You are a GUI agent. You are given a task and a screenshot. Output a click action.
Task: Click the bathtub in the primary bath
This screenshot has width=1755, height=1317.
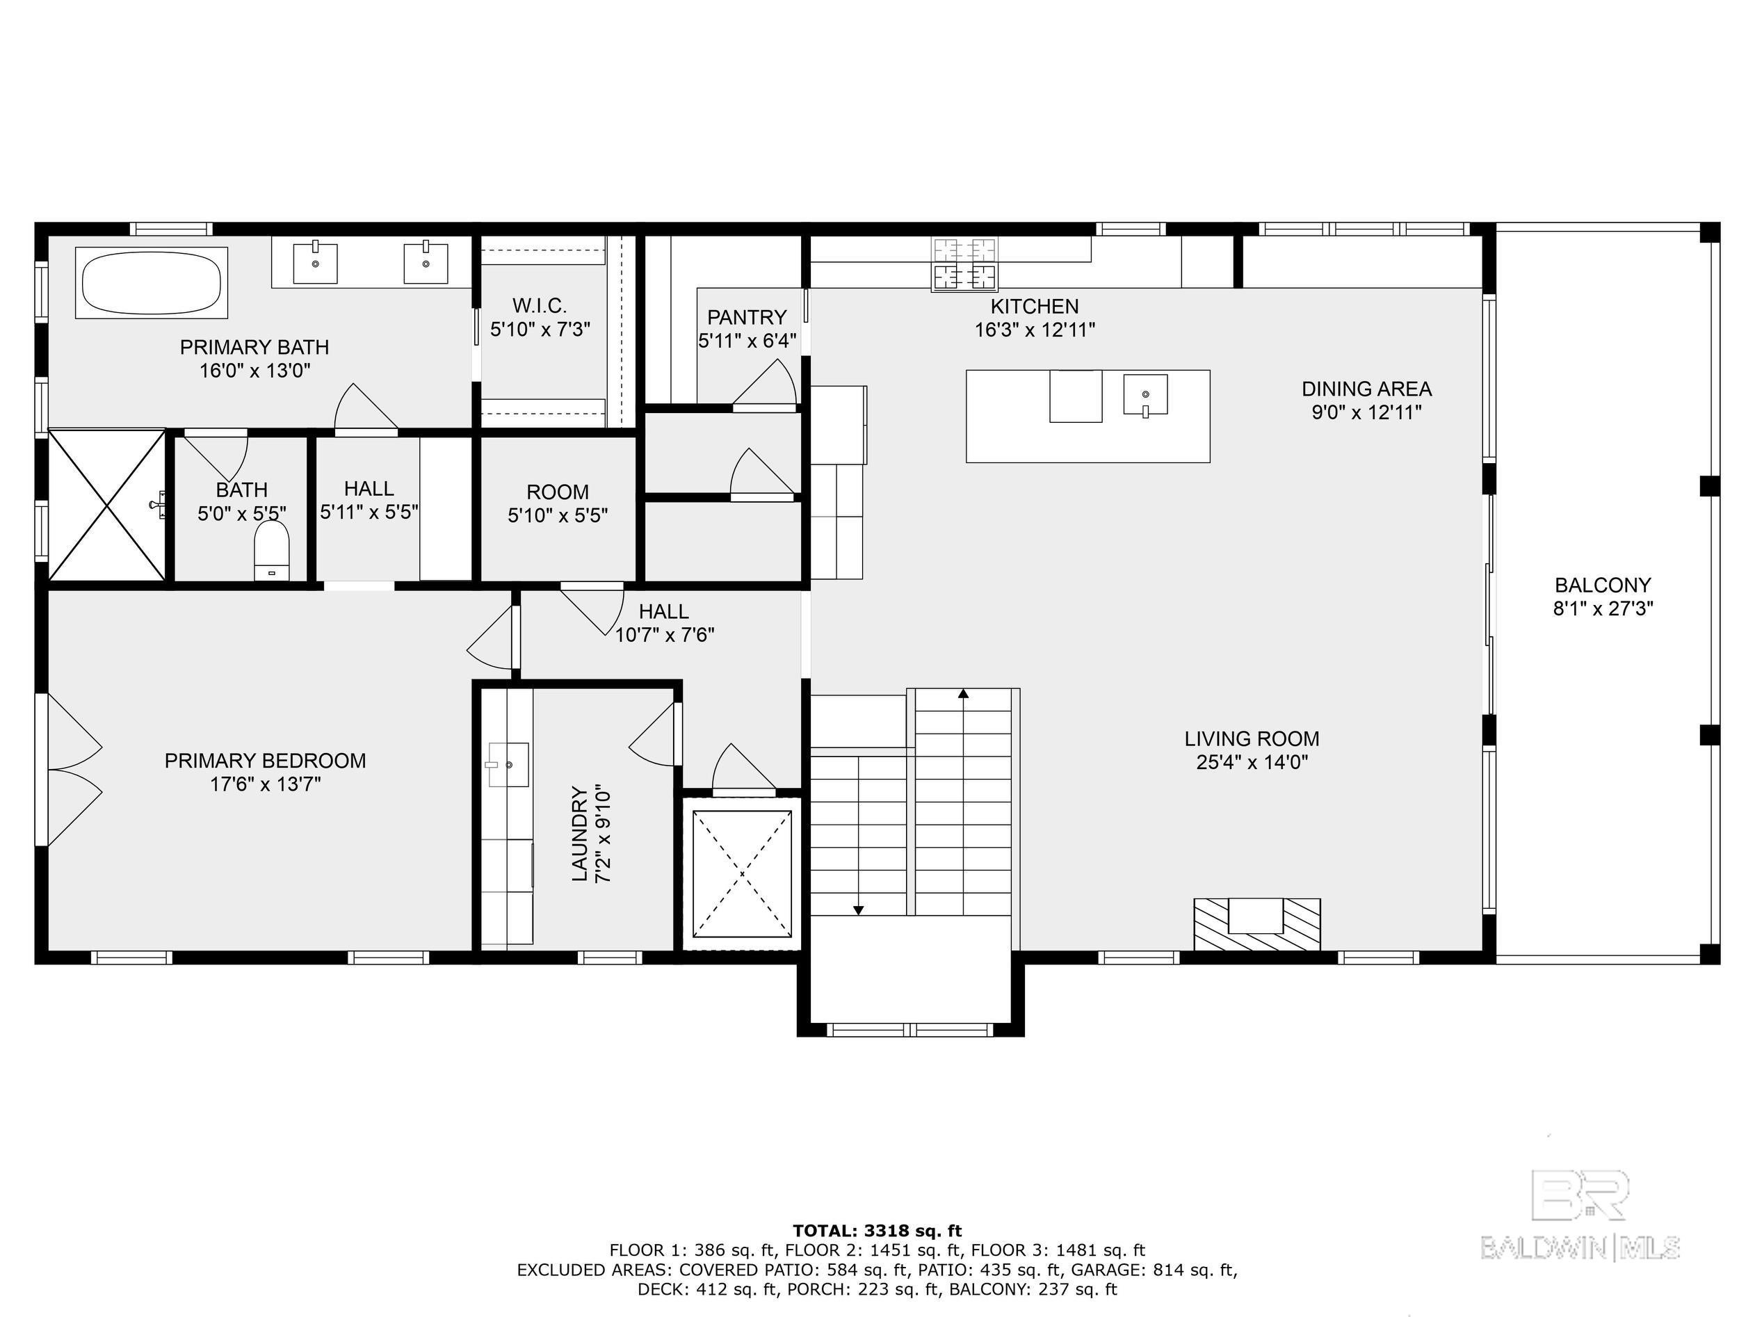pos(152,283)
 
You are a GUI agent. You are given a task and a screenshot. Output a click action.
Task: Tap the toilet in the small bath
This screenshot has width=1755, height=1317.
pos(271,551)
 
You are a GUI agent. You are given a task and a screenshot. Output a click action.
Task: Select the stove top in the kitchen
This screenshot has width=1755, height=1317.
pos(965,264)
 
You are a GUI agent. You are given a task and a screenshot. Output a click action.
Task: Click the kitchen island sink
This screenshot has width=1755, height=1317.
pos(1145,394)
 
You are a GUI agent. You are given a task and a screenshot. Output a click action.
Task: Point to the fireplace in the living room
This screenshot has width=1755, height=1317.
pos(1256,923)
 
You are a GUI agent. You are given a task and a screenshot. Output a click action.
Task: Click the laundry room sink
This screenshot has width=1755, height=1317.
pos(508,764)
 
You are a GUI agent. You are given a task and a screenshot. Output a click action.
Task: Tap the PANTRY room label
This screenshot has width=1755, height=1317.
pos(747,317)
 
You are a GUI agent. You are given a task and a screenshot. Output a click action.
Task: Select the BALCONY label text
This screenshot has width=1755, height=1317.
pos(1603,585)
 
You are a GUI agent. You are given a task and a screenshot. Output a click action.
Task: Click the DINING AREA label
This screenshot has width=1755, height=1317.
pos(1366,389)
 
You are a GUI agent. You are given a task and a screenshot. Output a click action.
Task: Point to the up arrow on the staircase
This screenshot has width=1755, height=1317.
pos(963,694)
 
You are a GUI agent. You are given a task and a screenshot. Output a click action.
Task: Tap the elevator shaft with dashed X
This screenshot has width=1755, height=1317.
pos(742,873)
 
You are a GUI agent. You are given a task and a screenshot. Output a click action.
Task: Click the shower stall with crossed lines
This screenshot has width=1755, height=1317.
pos(107,506)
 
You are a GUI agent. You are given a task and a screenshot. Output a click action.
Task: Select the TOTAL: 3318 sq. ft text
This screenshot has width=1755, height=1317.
pos(877,1231)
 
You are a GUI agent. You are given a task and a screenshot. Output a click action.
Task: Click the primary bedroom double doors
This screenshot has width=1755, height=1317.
pos(74,770)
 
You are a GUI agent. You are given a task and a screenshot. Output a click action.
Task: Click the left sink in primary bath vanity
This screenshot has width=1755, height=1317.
pos(315,264)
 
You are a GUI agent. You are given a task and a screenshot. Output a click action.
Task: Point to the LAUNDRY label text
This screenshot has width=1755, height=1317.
pos(580,834)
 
